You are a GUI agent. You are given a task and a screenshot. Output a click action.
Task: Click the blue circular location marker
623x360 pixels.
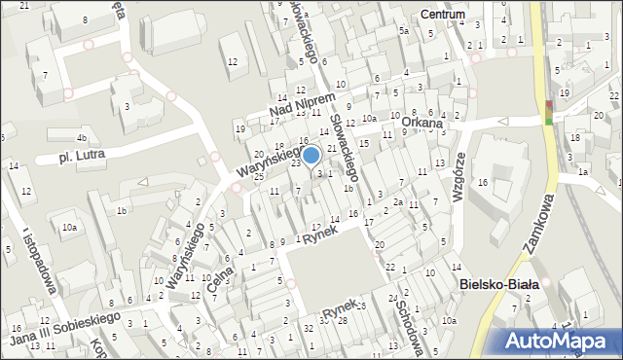point(311,155)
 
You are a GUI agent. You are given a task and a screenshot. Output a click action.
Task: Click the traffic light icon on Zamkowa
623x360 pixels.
point(549,110)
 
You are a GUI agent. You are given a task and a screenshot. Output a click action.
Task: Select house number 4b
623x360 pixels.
point(83,138)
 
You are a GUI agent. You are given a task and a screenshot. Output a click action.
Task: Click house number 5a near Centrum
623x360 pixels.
point(402,31)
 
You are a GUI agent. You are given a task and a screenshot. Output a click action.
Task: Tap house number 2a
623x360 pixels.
point(398,201)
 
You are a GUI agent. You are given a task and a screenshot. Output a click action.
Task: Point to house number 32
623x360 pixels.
point(309,328)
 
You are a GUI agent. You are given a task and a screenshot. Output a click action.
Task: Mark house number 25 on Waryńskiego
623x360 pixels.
point(259,176)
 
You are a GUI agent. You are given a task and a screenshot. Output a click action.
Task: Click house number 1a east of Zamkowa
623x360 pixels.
point(582,172)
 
